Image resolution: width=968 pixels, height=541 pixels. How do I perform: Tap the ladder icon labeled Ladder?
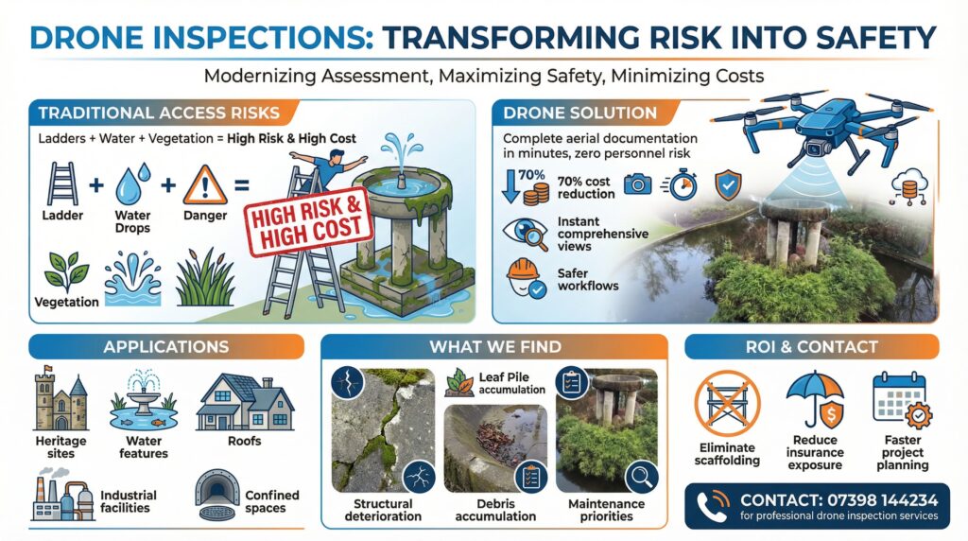(62, 184)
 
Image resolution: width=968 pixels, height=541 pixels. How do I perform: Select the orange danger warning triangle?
(205, 184)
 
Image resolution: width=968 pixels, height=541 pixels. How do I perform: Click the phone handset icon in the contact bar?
(711, 505)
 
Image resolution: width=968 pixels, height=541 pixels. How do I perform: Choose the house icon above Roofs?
(245, 402)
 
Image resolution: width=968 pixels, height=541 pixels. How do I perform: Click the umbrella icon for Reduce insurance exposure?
(815, 399)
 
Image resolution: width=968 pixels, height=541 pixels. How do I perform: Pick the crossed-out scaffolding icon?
(727, 403)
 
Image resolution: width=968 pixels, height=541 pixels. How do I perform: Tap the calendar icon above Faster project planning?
(901, 400)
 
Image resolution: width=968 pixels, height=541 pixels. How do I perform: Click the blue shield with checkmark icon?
(729, 185)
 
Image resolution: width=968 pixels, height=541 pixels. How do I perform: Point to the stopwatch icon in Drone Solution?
(681, 184)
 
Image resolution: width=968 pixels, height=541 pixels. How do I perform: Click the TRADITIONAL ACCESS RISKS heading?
(159, 113)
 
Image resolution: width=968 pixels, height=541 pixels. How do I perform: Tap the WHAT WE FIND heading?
(495, 347)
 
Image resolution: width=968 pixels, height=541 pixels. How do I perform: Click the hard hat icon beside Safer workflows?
(525, 278)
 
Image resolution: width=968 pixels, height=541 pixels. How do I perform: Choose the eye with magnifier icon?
(526, 234)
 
